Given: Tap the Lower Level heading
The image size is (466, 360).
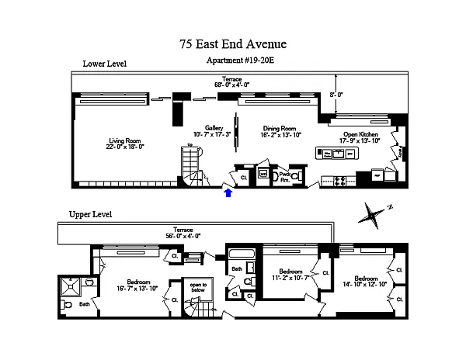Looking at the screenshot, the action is click(105, 64).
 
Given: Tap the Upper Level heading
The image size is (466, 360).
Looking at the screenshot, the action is click(91, 214).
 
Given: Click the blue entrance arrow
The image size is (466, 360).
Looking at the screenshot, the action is click(228, 192).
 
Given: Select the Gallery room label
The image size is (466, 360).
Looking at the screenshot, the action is click(214, 128).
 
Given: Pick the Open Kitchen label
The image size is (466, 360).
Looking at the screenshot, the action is click(360, 134).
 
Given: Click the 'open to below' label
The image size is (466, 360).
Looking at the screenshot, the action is click(199, 288).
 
